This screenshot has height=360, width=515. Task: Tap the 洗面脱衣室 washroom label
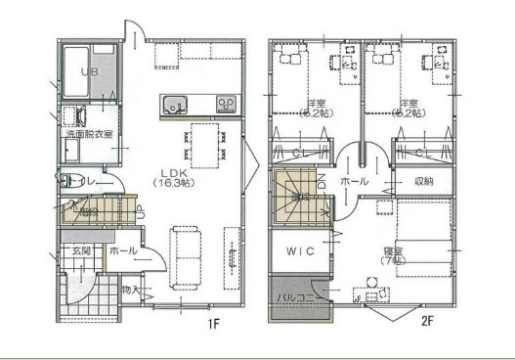(x=89, y=132)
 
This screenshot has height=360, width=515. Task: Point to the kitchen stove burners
(x=226, y=103)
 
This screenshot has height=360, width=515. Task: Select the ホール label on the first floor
(x=123, y=251)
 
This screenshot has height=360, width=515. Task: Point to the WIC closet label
(x=302, y=252)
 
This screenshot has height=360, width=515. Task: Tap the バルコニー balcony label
(x=301, y=297)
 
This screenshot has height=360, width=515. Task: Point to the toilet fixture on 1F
(x=71, y=182)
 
